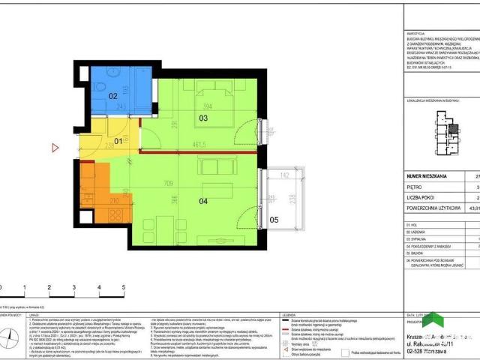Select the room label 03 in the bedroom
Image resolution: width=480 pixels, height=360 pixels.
point(203,118)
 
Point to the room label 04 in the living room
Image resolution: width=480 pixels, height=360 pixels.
point(202,201)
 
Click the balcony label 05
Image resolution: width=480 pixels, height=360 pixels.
point(273,220)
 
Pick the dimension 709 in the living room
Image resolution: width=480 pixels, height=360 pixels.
point(174,182)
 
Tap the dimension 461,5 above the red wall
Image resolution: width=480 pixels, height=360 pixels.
point(199,145)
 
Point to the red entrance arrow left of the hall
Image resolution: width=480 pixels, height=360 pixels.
point(55,148)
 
